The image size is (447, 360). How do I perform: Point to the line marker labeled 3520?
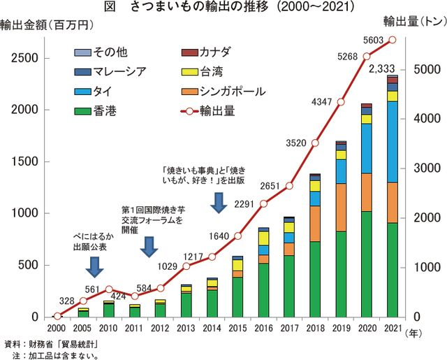point(315,143)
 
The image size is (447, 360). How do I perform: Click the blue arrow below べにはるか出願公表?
point(96,266)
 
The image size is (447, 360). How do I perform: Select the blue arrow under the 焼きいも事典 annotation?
point(218,202)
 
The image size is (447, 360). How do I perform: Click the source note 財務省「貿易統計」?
point(55,344)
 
